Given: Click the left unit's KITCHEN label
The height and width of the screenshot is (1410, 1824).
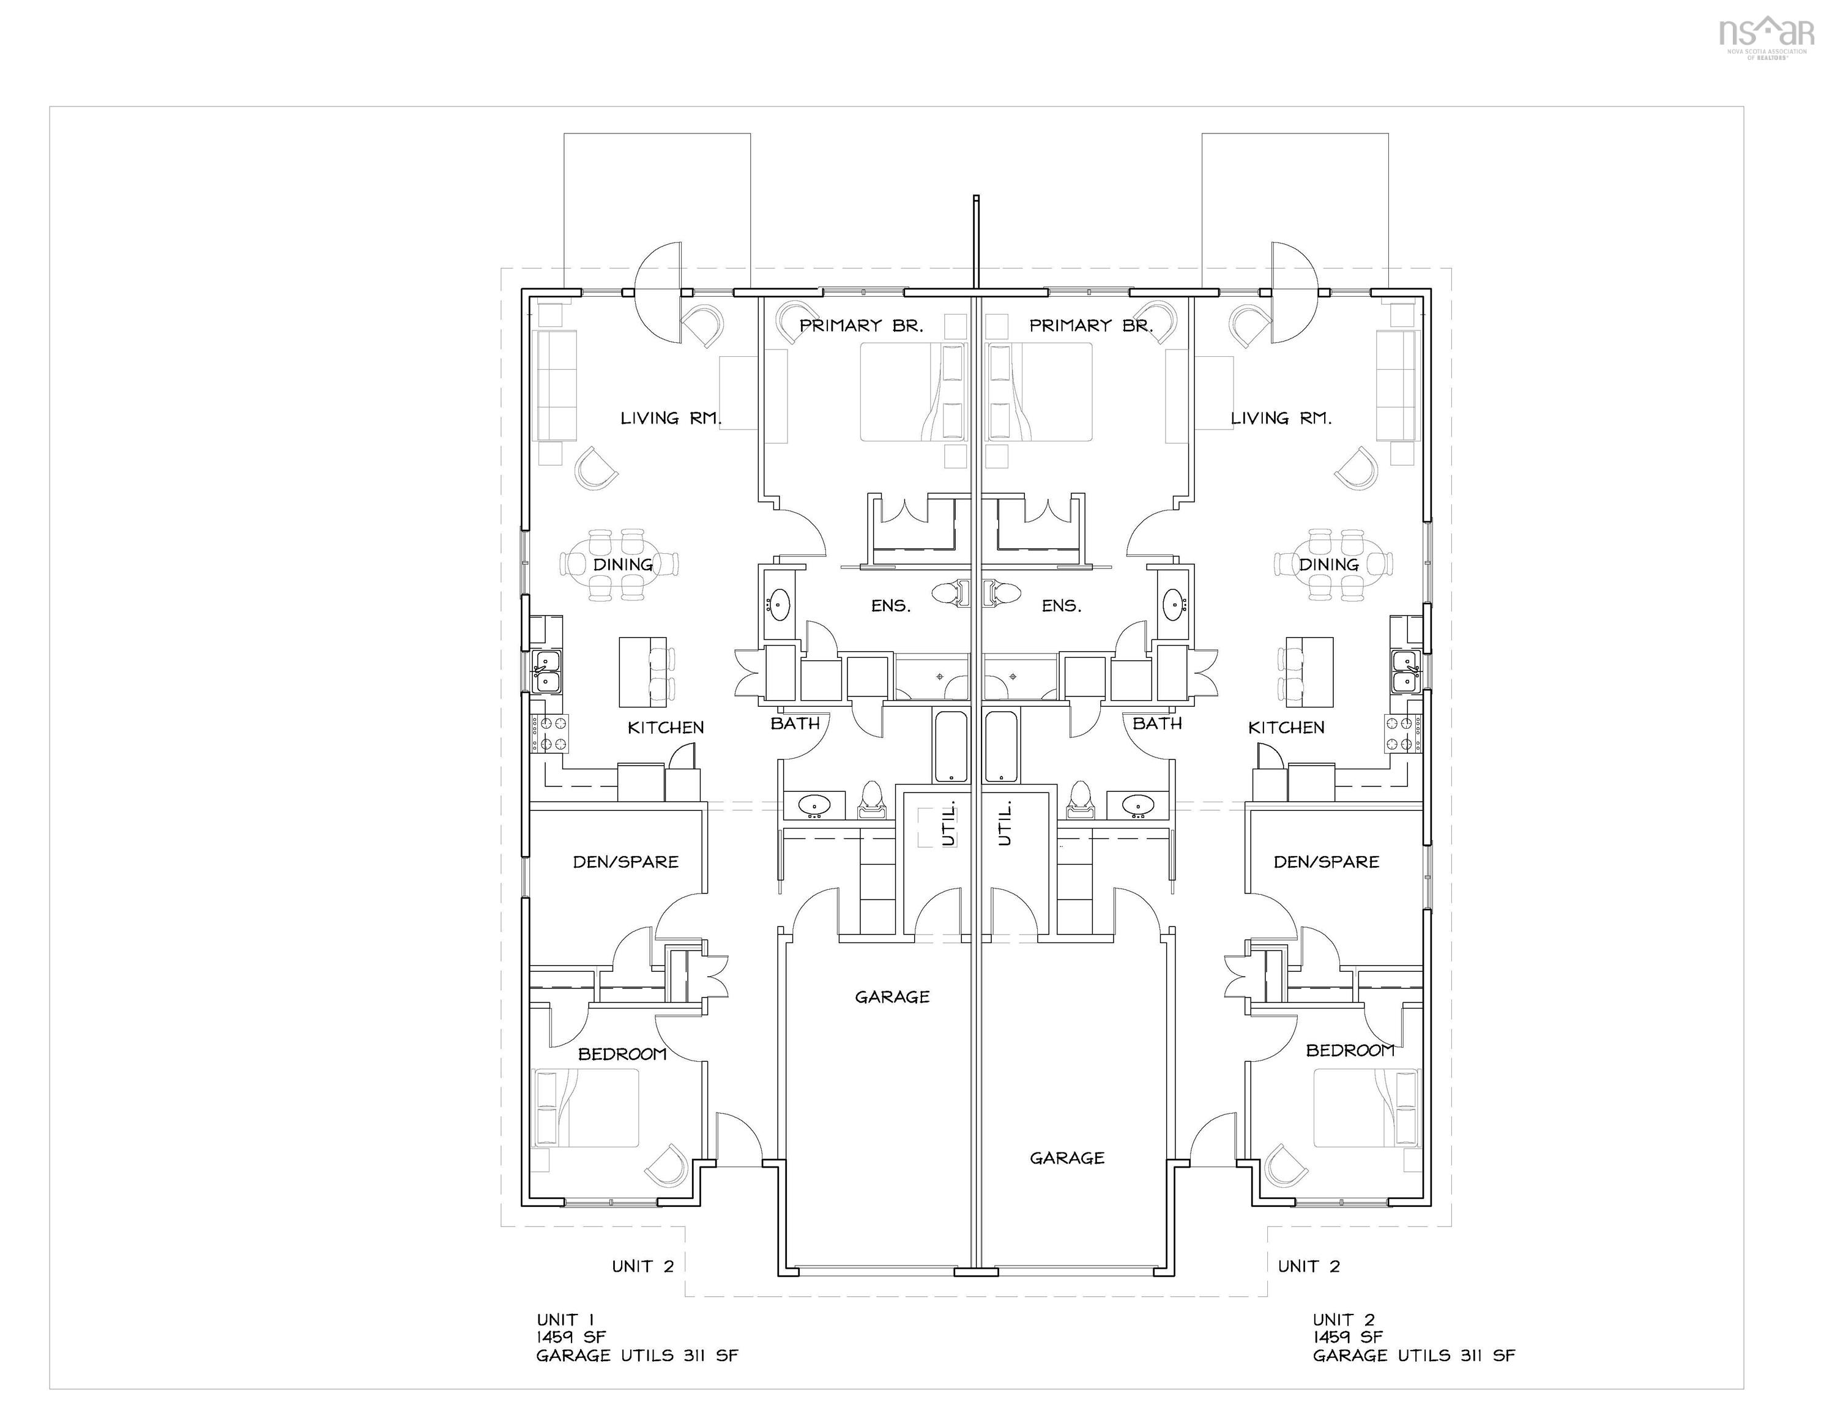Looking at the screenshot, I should coord(666,728).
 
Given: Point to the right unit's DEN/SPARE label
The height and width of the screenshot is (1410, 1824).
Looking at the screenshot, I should coord(1327,862).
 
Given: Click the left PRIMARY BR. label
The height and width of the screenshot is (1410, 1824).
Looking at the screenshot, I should coord(861,326).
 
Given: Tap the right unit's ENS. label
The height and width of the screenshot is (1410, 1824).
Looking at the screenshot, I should coord(1062,606).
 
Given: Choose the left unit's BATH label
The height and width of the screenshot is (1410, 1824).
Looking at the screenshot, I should coord(795,723).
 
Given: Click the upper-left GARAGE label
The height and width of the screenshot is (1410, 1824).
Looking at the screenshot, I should coord(892,996).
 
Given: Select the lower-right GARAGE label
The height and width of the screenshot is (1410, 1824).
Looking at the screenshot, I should coord(1066,1158).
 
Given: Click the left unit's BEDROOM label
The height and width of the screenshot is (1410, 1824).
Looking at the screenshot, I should coord(622,1054).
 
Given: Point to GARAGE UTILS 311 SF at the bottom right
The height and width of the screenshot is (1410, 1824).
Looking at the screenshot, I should coord(1413,1356).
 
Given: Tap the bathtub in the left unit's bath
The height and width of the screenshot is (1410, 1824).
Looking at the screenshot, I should coord(951,746).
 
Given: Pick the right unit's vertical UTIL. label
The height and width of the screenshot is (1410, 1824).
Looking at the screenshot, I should coord(1005,822).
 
